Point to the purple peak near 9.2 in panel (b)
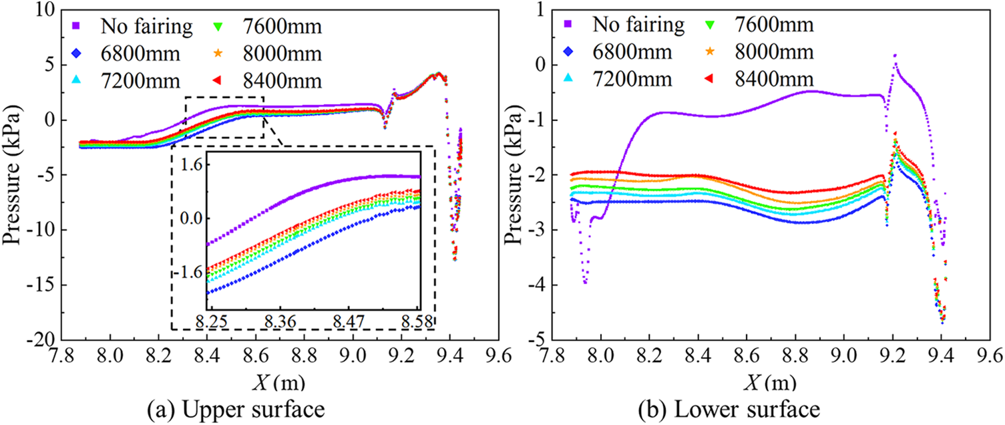[x=895, y=56]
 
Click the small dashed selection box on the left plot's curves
[x=224, y=118]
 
